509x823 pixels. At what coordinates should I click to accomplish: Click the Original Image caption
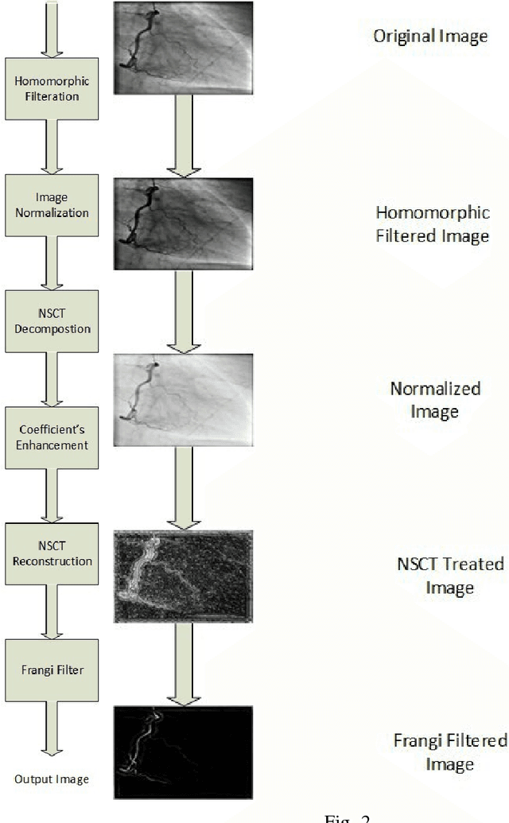tap(431, 37)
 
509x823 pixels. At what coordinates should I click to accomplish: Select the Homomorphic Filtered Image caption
tap(432, 225)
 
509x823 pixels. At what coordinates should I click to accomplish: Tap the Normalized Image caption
tap(435, 400)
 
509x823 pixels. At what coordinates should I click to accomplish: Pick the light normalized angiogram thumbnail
tap(183, 399)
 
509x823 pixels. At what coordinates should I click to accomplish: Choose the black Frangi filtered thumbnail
tap(183, 751)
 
